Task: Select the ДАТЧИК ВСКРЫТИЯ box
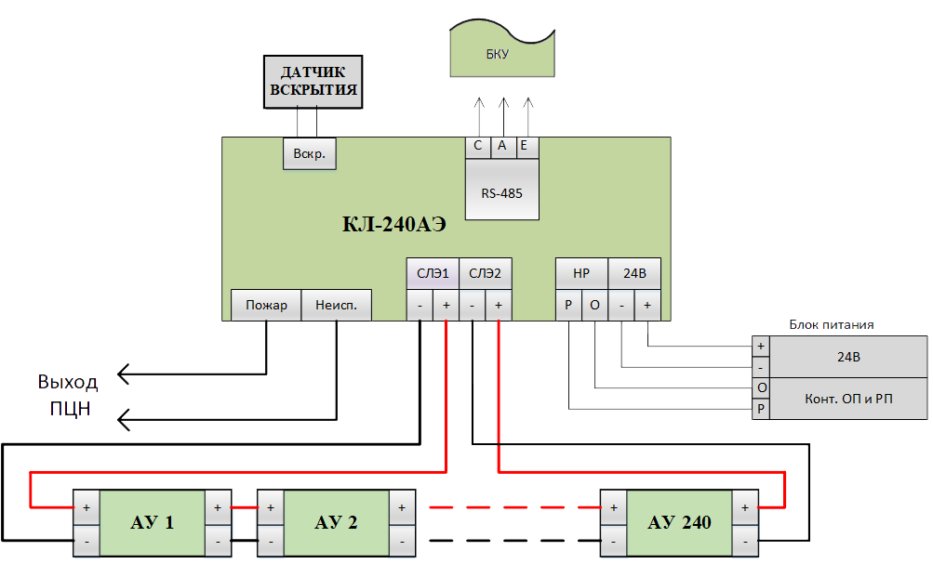coord(313,82)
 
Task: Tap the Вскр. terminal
coord(310,153)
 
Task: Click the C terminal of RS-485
coord(478,146)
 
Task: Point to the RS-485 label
coord(501,193)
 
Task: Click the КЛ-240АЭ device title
coord(393,224)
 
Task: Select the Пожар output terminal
coord(266,305)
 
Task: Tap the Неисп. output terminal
coord(336,305)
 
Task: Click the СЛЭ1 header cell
coord(433,273)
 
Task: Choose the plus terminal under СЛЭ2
coord(499,305)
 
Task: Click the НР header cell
coord(581,273)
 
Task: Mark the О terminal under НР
coord(594,305)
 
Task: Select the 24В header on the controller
coord(634,273)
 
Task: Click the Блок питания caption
coord(832,324)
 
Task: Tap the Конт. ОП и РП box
coord(848,399)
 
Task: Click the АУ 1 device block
coord(152,522)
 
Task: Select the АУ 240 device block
coord(679,522)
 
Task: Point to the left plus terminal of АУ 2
coord(271,507)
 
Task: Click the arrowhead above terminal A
coord(503,103)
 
